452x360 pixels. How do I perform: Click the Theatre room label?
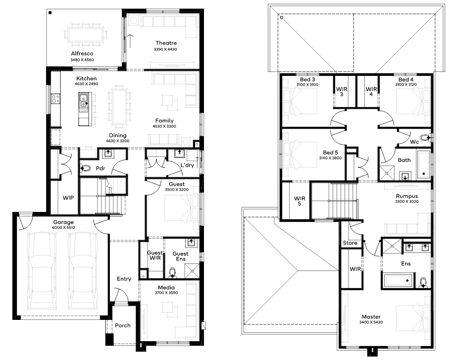click(166, 43)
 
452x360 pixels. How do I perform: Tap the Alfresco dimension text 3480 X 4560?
click(82, 60)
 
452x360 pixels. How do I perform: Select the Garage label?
click(63, 222)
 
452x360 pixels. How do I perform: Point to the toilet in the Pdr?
click(85, 168)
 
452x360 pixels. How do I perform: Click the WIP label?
click(68, 198)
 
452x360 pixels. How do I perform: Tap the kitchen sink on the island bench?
click(83, 103)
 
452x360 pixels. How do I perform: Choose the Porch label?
click(123, 325)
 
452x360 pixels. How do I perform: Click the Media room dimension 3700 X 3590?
click(166, 293)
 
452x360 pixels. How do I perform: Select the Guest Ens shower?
click(192, 271)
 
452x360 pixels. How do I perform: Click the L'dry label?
click(187, 165)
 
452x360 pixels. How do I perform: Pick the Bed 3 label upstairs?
click(307, 80)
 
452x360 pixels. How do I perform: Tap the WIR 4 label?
click(371, 92)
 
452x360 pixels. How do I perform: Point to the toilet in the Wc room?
click(425, 138)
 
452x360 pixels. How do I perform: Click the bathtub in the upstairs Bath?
click(423, 164)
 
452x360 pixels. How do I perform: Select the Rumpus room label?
click(407, 196)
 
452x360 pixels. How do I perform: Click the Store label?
click(350, 243)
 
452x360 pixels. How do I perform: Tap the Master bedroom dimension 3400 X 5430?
click(371, 322)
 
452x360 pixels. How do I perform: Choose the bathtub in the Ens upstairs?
click(399, 280)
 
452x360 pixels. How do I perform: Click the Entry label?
click(124, 279)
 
